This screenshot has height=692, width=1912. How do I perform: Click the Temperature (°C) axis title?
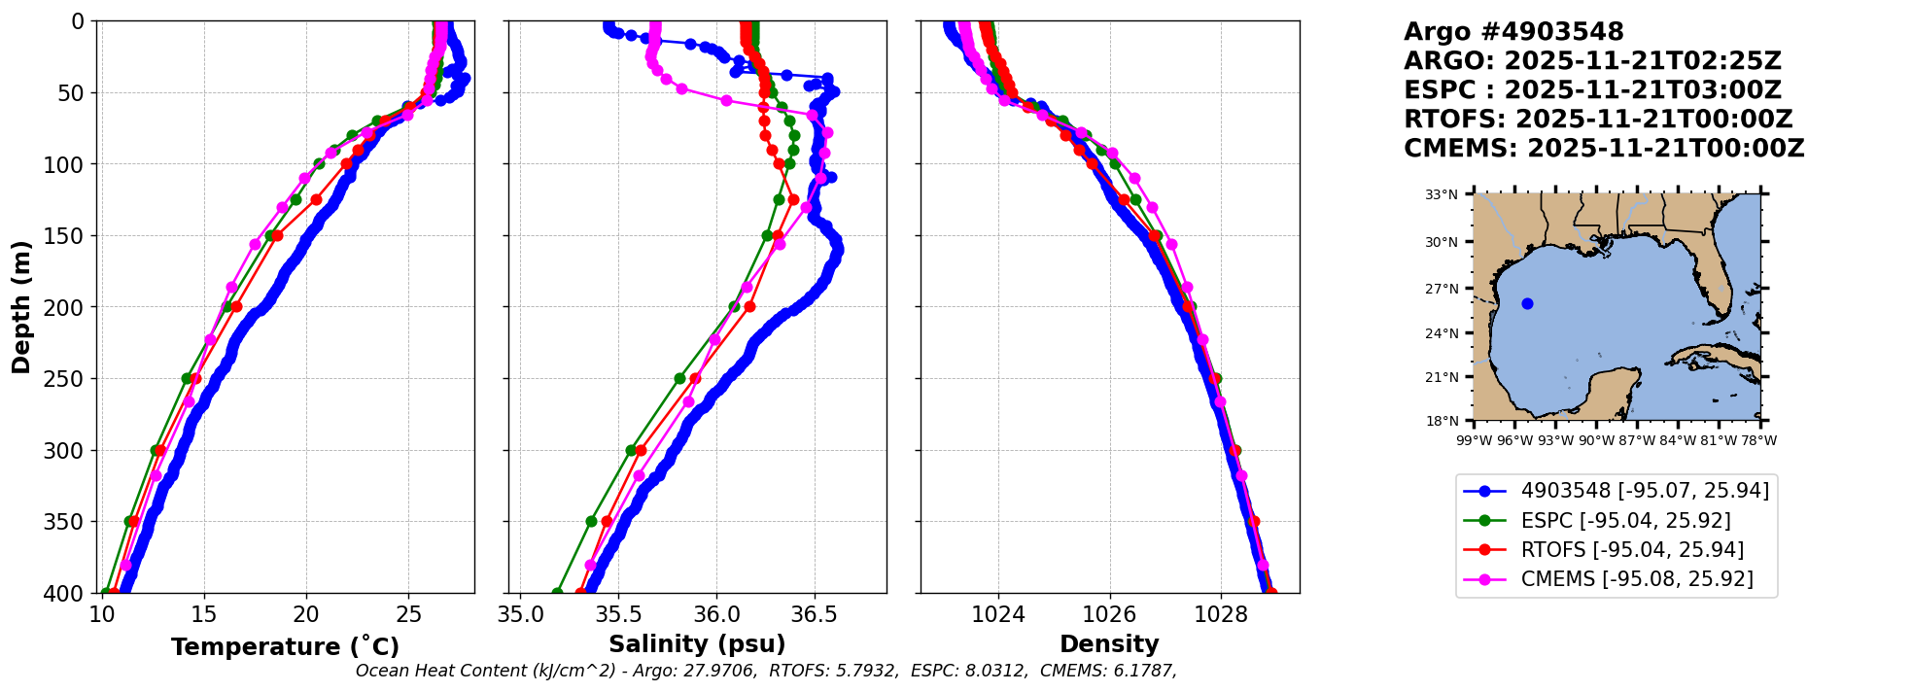pos(285,647)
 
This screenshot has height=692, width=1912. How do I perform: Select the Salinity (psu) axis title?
pos(697,644)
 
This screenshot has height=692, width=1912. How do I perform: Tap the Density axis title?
pos(1109,644)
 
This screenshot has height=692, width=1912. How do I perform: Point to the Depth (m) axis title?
pos(21,306)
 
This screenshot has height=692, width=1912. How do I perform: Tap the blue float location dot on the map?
pos(1527,304)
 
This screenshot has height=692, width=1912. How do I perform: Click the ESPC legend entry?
pos(1616,521)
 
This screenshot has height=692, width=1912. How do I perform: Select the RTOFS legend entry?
pos(1616,550)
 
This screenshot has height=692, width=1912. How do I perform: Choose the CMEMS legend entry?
pos(1616,579)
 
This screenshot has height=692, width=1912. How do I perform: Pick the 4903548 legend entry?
pos(1616,491)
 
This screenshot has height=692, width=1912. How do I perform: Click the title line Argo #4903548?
pos(1513,32)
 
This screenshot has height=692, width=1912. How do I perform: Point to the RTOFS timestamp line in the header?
pos(1598,120)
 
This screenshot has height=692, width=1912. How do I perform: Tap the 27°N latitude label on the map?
pos(1443,289)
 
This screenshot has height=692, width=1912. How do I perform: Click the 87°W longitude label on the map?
pos(1637,440)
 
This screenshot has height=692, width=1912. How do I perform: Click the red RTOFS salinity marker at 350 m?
pos(607,522)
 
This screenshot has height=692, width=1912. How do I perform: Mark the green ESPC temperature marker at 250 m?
pos(187,378)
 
